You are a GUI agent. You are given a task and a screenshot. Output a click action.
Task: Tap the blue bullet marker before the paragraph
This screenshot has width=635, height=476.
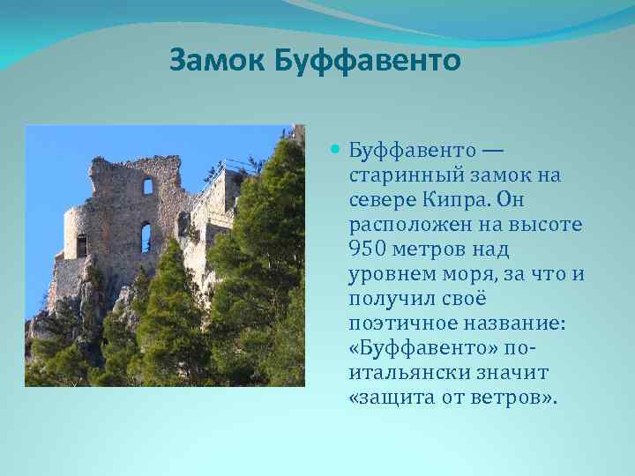click(335, 150)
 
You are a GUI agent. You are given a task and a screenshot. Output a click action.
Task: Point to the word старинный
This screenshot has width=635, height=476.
click(397, 175)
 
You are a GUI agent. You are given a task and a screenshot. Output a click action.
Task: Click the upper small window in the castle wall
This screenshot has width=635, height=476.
click(148, 186)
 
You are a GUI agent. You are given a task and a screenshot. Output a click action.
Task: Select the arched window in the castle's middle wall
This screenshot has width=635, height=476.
click(146, 236)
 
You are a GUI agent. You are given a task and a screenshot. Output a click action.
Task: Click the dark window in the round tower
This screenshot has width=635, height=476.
click(82, 245)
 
